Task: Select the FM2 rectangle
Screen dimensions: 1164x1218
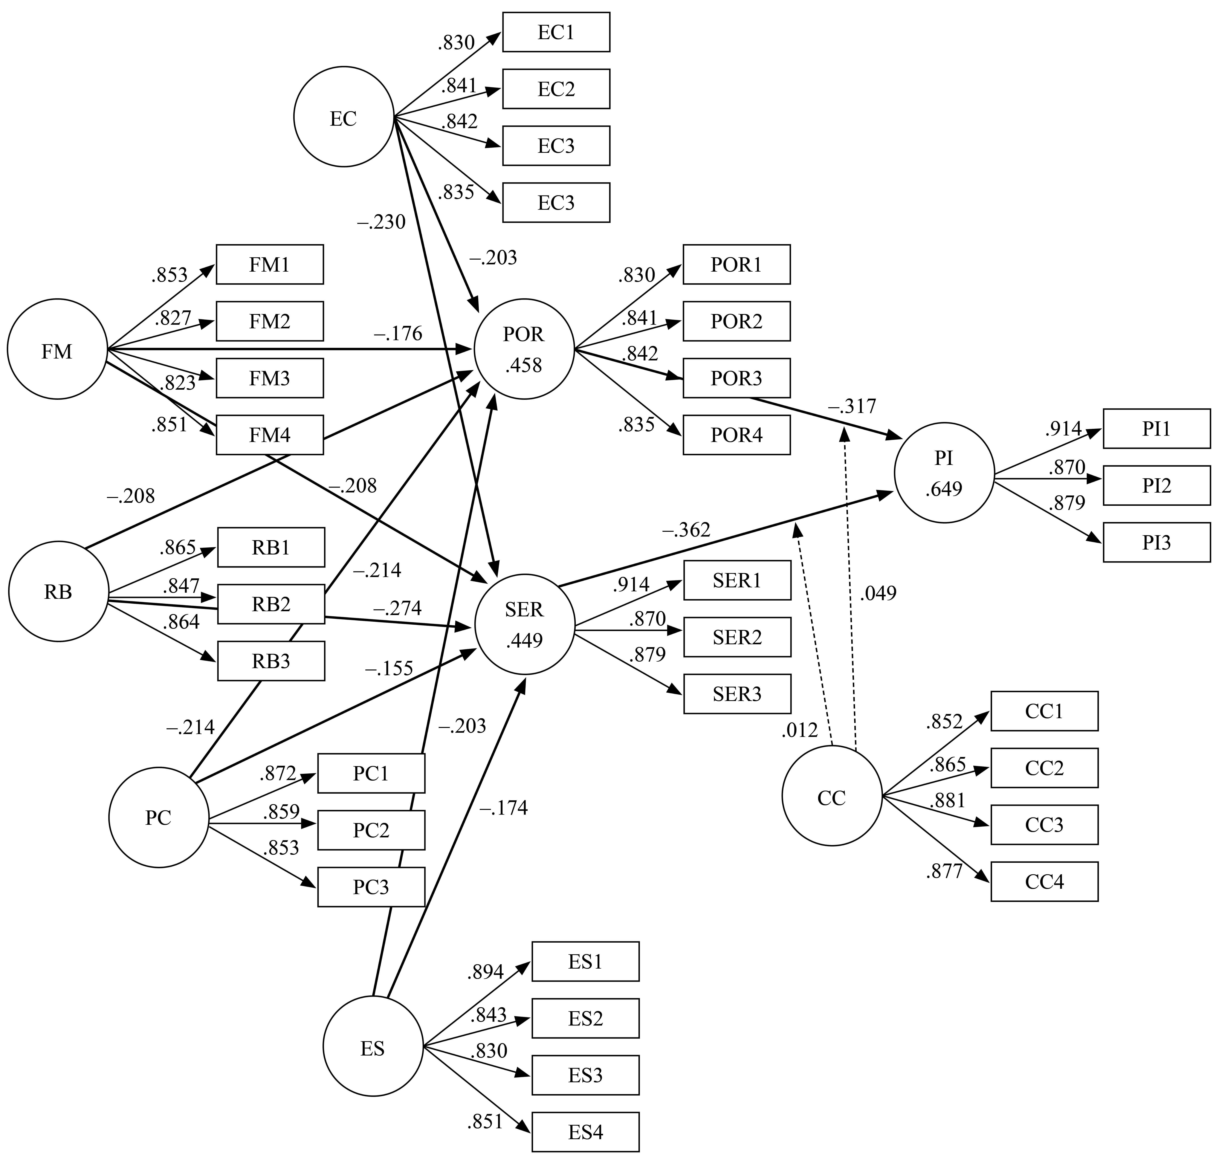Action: click(269, 321)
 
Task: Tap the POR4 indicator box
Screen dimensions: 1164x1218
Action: click(737, 435)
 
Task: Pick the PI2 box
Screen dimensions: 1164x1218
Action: click(1157, 485)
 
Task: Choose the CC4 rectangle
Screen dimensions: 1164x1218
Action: click(1044, 881)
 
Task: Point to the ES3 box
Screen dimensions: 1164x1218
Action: click(585, 1075)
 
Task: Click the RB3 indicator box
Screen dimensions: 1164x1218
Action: click(271, 661)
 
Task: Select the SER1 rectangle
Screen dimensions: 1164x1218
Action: click(737, 580)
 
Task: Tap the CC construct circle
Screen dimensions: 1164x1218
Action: click(831, 796)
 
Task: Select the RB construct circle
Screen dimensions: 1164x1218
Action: click(58, 591)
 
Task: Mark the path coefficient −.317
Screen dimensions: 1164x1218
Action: click(852, 406)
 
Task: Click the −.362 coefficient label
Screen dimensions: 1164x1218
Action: click(686, 530)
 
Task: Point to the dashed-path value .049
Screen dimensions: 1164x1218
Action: click(878, 594)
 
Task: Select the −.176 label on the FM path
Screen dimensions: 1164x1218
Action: click(398, 334)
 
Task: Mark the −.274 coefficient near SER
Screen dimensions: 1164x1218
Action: click(397, 608)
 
